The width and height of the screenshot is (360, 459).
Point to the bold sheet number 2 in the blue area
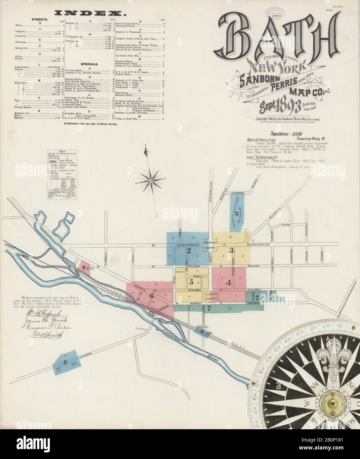coord(189,251)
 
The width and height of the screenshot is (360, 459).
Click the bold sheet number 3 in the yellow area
coord(232,251)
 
